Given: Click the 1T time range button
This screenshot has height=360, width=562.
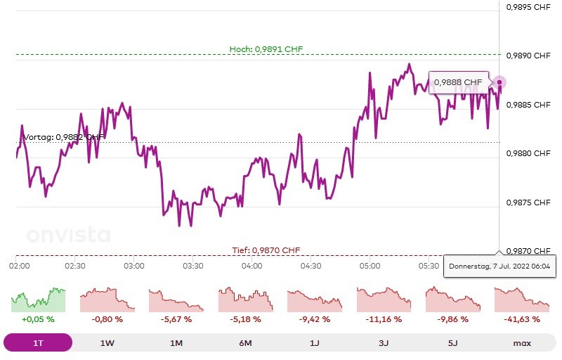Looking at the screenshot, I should (38, 343).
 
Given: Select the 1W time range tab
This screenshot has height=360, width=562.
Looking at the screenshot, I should (107, 343).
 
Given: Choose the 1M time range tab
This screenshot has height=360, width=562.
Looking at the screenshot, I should (176, 343).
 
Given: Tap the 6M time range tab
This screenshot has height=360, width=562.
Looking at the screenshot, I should (245, 343).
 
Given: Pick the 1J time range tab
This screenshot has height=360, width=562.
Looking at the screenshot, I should (314, 343).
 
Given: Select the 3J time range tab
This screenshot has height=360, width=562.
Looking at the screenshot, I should (383, 343).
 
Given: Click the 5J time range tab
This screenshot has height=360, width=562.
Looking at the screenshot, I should (452, 343).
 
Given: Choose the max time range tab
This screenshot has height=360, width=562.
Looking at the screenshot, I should (521, 343).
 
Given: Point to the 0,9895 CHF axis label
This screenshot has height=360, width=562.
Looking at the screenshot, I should (528, 7).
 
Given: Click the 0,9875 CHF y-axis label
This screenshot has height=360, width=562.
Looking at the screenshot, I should (528, 202).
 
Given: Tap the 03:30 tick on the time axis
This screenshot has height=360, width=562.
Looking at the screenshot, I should (192, 266).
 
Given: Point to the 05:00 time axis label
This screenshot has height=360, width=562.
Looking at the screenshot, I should (370, 266).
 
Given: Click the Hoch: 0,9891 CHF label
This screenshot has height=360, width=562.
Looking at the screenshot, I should (266, 49).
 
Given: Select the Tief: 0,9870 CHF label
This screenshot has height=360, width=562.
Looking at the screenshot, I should (266, 250).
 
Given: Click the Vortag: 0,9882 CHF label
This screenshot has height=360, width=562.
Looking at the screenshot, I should (63, 137).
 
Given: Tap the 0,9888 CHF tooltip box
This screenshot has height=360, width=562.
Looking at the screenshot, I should (458, 82).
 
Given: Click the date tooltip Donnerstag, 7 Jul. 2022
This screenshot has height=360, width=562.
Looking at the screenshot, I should (499, 266).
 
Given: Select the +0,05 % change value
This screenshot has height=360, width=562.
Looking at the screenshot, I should (38, 319).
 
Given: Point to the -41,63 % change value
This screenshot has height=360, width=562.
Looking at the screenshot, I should (521, 319).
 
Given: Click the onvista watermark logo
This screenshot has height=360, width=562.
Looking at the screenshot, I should (68, 236).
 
